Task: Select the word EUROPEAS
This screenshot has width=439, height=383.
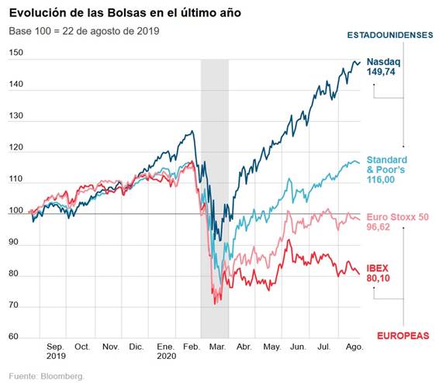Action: [x=403, y=335]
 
